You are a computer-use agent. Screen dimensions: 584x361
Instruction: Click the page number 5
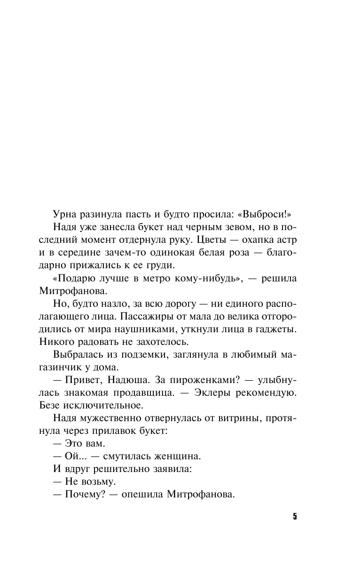pos(295,516)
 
